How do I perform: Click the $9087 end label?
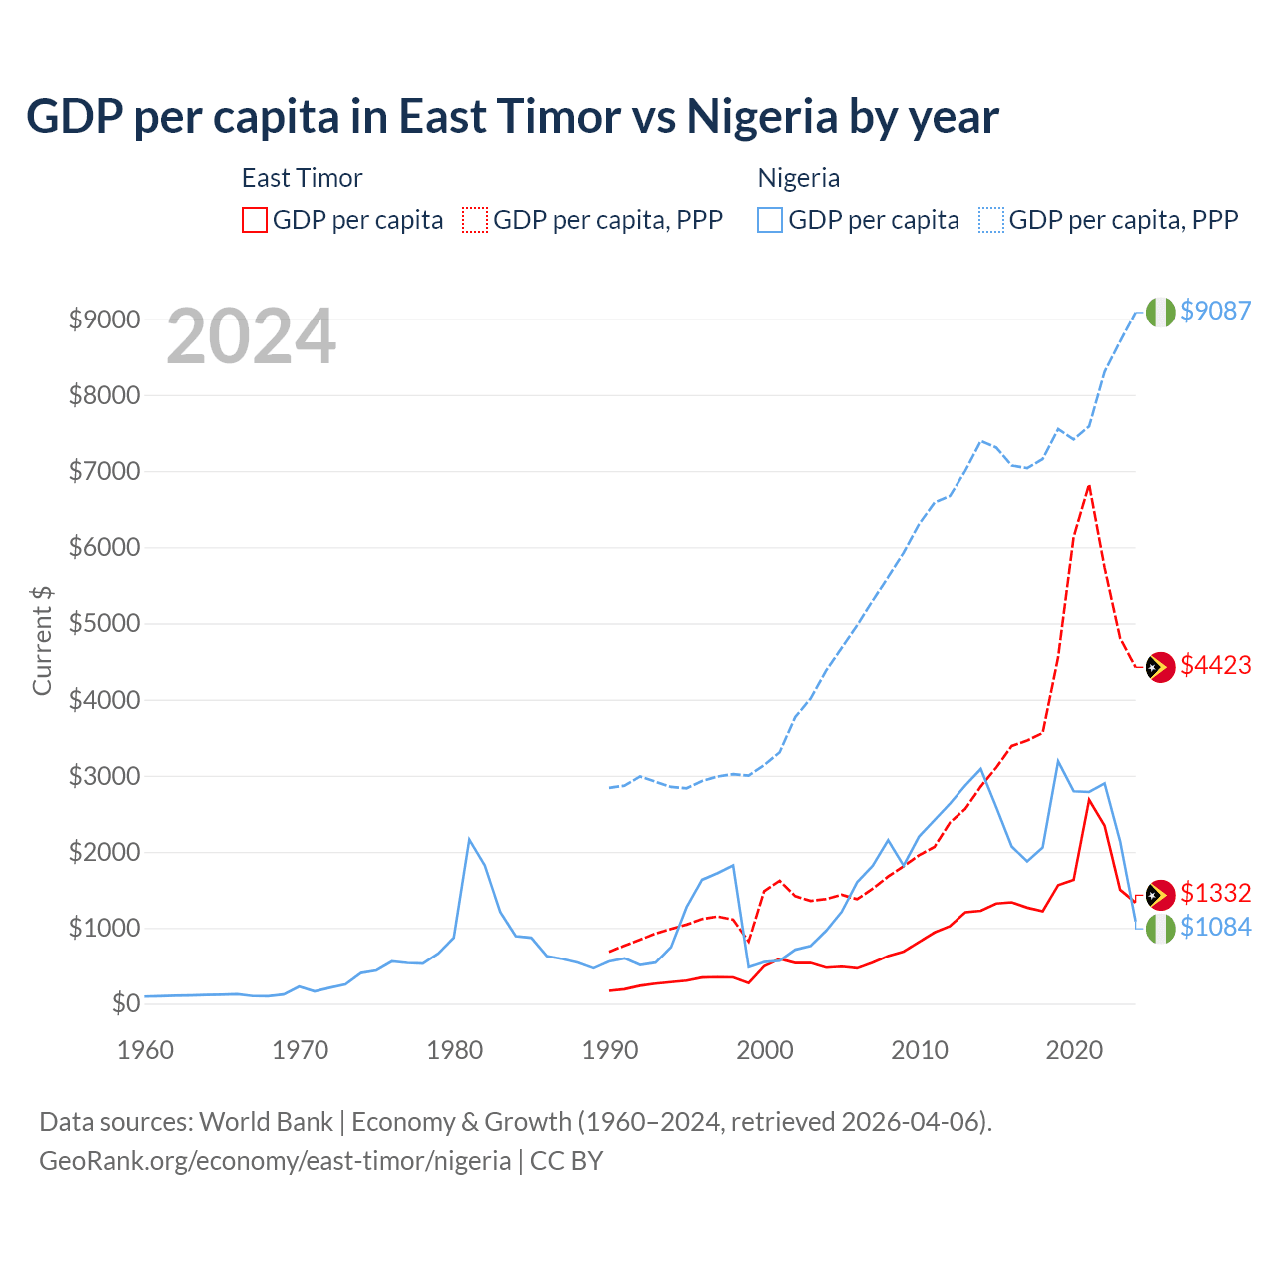pos(1215,311)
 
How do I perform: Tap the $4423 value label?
pos(1215,665)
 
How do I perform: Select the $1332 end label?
pos(1215,893)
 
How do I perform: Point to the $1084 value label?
pos(1215,927)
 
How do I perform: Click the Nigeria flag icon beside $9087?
pos(1160,312)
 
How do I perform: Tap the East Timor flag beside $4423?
pos(1160,666)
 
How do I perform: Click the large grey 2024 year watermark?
pos(251,337)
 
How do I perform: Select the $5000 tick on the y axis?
pos(104,624)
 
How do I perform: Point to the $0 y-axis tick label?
pos(125,1003)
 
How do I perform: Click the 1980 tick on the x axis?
pos(455,1050)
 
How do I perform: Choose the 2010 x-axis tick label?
pos(920,1050)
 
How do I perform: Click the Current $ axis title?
pos(42,640)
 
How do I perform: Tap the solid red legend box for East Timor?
pos(255,220)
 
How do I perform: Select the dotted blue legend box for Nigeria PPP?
pos(991,220)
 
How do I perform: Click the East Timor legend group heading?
pos(302,178)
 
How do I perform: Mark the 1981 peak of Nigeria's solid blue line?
pos(469,839)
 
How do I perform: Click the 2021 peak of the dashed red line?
pos(1088,486)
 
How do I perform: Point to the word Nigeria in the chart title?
pos(762,117)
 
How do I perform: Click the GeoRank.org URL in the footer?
pos(275,1161)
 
